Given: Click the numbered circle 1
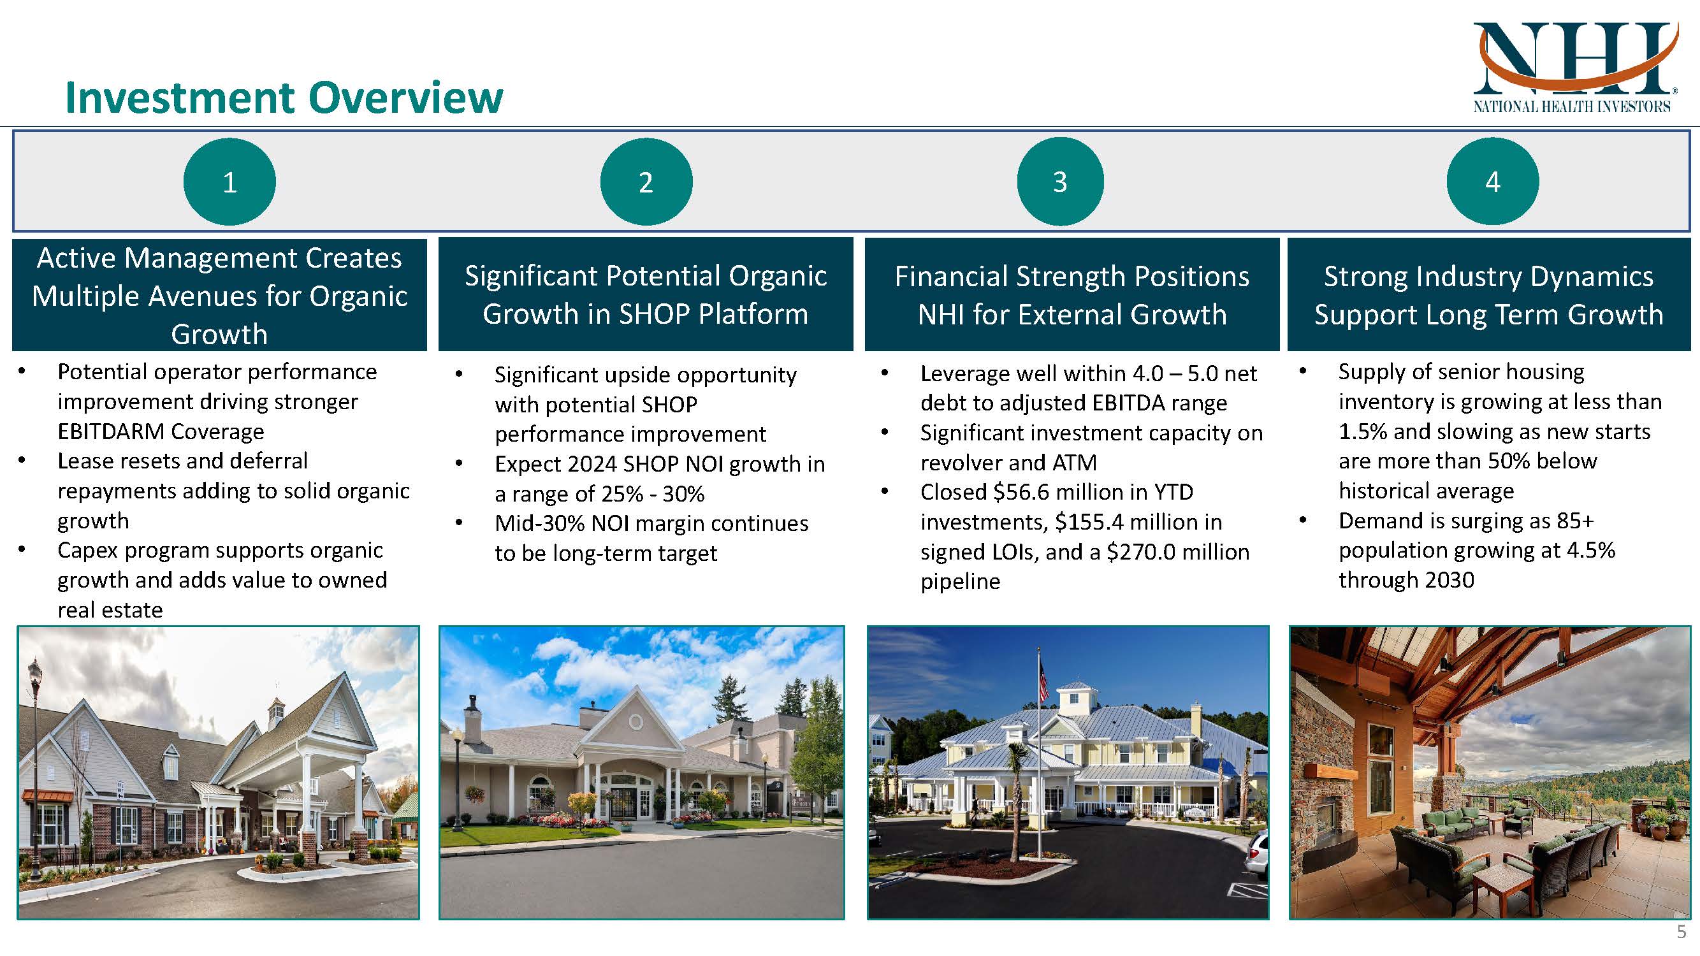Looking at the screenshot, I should [229, 182].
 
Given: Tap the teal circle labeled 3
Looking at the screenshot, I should [1059, 182].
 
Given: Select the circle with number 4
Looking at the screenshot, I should [1492, 182].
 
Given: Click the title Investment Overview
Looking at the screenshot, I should [284, 98].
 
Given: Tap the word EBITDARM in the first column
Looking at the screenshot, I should [101, 431].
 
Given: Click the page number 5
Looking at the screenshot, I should [1681, 932].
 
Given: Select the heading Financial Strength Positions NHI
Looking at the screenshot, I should [1072, 295].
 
